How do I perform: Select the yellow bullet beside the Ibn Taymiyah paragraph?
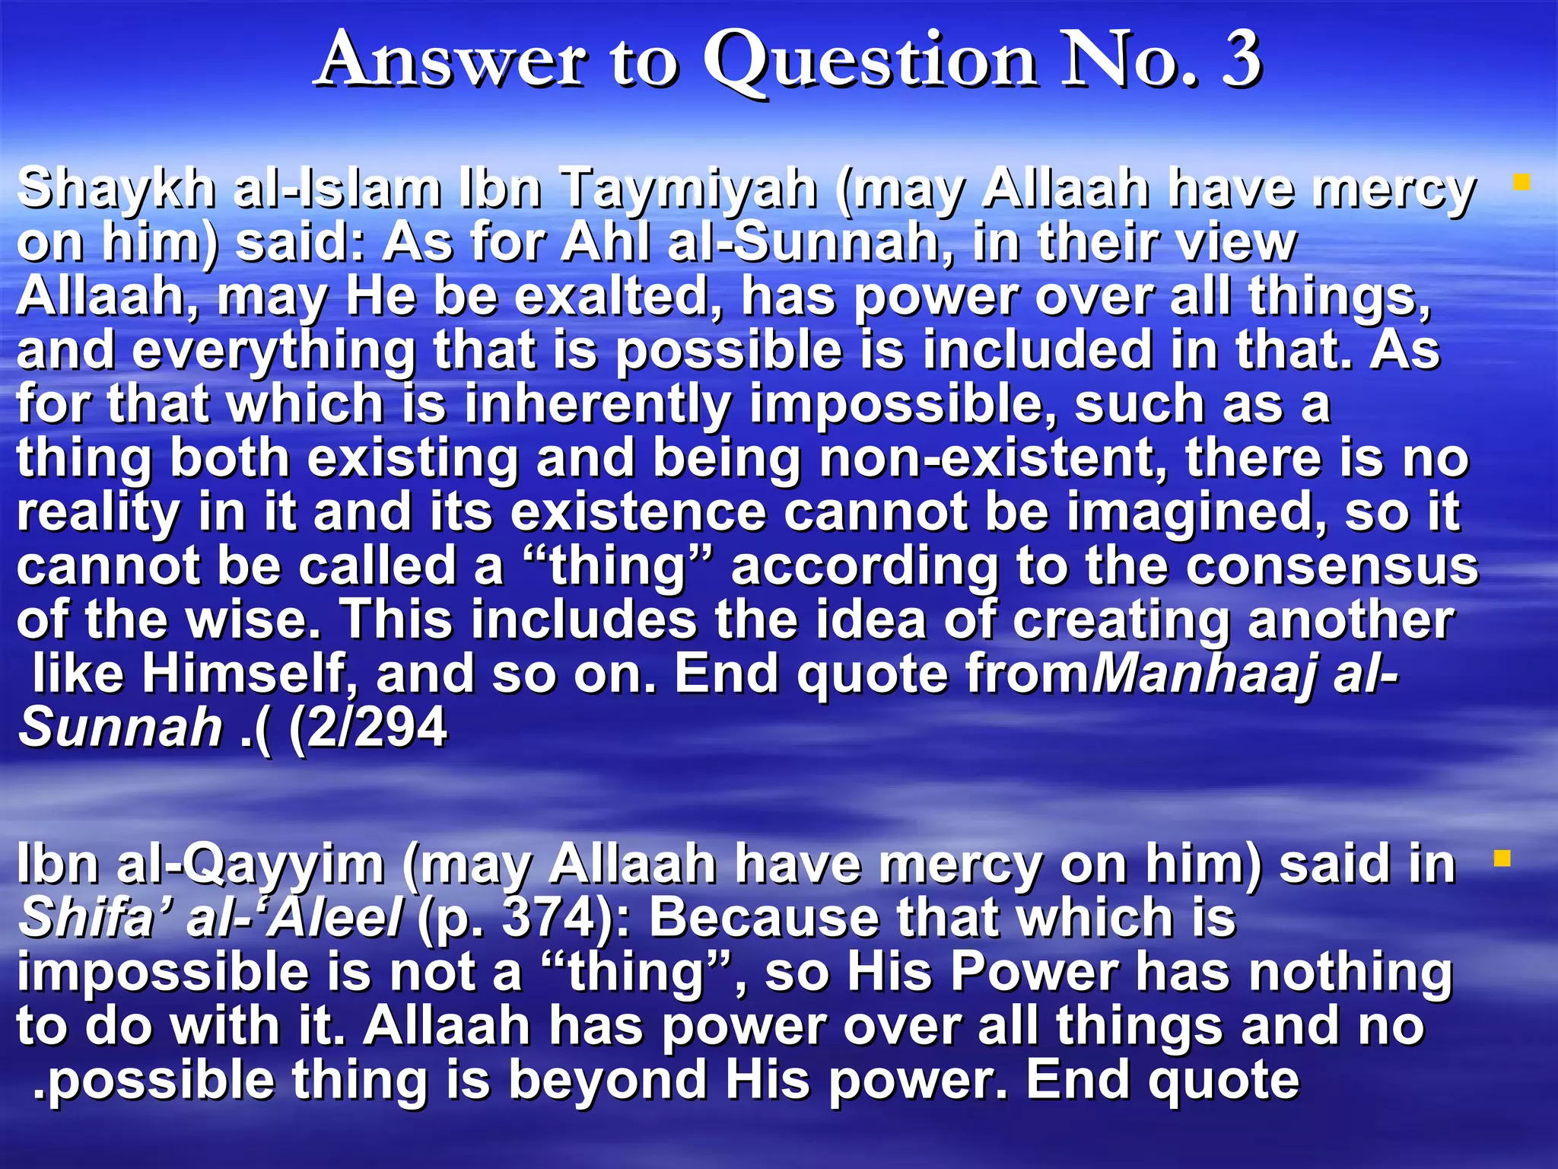pyautogui.click(x=1521, y=183)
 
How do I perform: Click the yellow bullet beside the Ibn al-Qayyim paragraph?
pyautogui.click(x=1501, y=858)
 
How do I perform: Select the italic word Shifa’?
pyautogui.click(x=88, y=919)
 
